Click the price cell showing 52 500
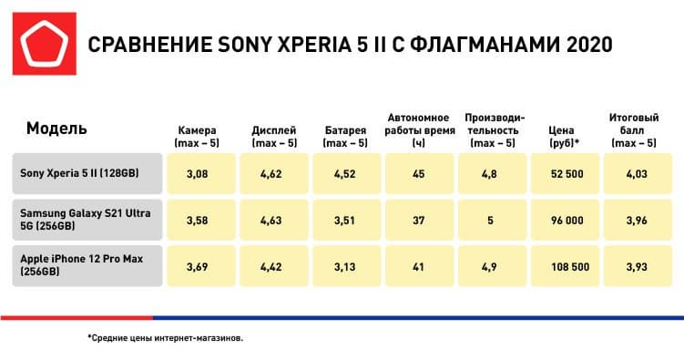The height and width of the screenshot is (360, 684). click(565, 173)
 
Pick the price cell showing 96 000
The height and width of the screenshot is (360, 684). click(565, 219)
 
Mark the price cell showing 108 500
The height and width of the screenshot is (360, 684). click(565, 265)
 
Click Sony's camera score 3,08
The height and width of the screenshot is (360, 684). click(197, 173)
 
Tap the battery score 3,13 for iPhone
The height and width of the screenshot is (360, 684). click(345, 265)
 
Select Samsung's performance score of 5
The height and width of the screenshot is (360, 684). click(492, 219)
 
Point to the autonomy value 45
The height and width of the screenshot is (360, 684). click(419, 173)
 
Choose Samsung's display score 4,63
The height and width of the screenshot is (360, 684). click(273, 219)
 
